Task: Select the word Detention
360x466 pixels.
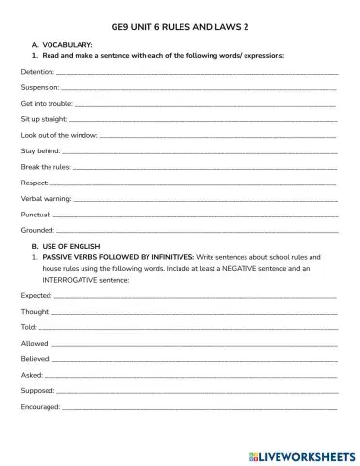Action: tap(37, 73)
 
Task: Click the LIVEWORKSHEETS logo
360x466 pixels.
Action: tap(303, 453)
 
